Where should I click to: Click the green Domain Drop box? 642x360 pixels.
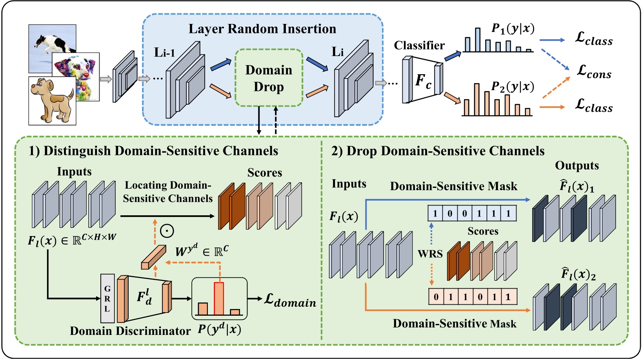click(269, 78)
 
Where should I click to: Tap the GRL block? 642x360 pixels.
click(107, 298)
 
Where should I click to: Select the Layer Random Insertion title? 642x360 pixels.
click(262, 29)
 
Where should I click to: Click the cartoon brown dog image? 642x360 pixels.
click(52, 101)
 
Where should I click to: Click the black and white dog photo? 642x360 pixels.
click(52, 44)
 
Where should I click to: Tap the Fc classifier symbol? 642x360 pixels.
click(423, 81)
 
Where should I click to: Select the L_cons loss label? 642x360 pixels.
click(594, 72)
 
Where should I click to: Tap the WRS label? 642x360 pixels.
click(430, 254)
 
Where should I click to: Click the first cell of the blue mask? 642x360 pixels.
click(435, 214)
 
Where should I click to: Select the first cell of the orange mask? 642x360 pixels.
click(436, 297)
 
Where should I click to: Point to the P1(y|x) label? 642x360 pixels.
click(513, 29)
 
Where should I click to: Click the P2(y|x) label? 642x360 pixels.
click(513, 86)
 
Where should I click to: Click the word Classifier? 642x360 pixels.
click(419, 45)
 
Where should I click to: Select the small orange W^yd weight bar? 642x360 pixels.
click(153, 257)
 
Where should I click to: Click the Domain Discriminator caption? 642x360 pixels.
click(130, 331)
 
